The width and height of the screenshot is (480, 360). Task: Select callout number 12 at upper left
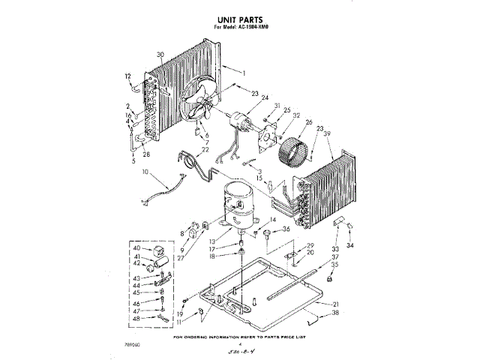tap(128, 76)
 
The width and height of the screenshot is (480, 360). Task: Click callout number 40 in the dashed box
tap(136, 248)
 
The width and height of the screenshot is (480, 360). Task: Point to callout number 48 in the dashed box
tap(136, 319)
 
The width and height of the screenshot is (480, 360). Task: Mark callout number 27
tap(180, 257)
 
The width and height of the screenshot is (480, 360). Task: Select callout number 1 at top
tap(243, 72)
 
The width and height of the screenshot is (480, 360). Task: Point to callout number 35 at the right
tap(335, 265)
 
